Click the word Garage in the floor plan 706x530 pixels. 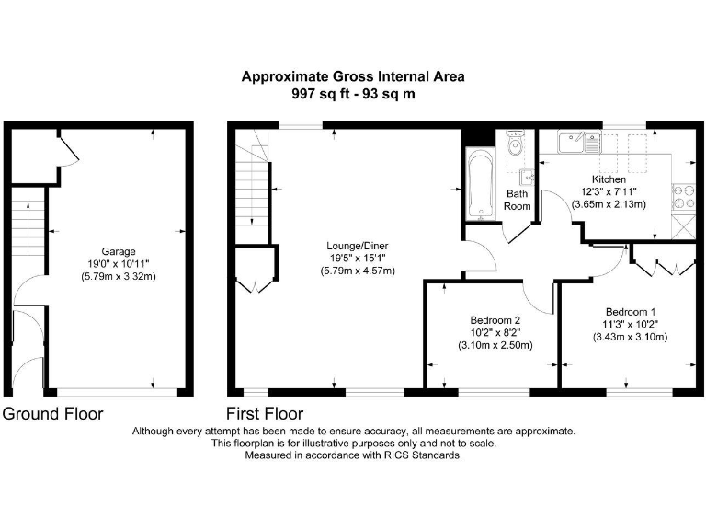pos(119,250)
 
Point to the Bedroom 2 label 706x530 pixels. pos(496,319)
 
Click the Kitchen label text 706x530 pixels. pos(609,179)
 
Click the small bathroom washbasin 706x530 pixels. pos(528,177)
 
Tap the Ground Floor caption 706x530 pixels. pos(53,414)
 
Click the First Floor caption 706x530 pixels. pos(265,414)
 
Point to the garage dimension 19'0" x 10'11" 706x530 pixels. pos(119,263)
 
